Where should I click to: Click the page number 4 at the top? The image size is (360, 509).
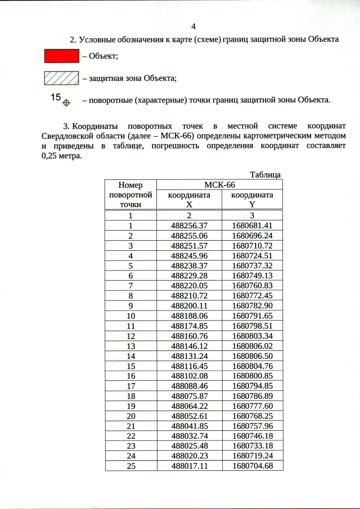(193, 26)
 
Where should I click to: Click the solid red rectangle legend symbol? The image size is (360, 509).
(61, 56)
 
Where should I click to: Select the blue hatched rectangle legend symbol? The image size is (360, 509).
(61, 78)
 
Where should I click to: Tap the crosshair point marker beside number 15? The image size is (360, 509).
(66, 102)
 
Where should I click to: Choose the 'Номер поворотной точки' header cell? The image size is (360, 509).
(130, 195)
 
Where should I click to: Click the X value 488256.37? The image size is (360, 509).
(189, 226)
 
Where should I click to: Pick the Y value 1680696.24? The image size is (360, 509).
(252, 236)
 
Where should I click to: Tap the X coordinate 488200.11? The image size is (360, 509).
(189, 305)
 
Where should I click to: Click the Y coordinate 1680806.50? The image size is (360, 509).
(252, 355)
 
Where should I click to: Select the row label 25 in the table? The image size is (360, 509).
(130, 466)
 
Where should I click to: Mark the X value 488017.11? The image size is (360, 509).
(189, 466)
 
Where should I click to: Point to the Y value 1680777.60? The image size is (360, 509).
(252, 406)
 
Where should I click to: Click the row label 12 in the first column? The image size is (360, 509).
(130, 335)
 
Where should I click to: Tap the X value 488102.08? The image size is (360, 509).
(189, 376)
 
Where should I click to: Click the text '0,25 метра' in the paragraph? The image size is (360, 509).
(61, 156)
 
